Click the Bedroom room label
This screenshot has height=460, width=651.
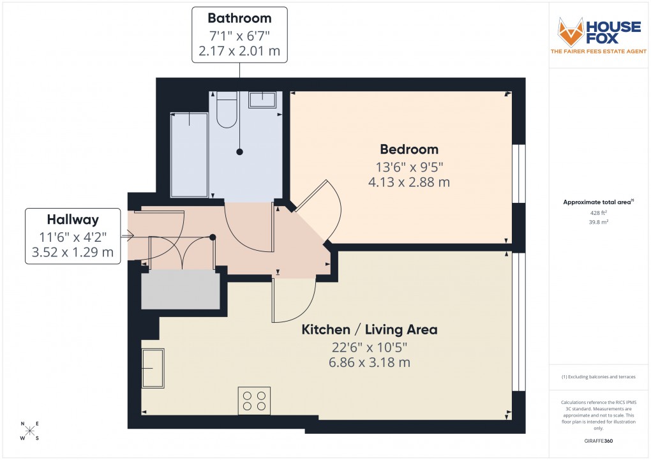[x=409, y=149]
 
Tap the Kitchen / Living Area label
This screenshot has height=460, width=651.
[x=369, y=330]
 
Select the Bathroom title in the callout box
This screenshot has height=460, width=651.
[x=239, y=19]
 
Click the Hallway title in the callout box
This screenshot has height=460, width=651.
[x=73, y=220]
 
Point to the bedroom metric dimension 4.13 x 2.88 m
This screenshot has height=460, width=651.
[x=409, y=182]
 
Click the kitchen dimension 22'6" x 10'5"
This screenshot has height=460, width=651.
[x=369, y=347]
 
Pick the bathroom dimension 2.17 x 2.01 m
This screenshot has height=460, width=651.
[x=239, y=50]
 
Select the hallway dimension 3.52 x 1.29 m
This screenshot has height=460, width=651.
[x=73, y=252]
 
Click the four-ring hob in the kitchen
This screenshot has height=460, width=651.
[x=253, y=400]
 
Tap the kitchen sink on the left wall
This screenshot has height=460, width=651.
[x=153, y=368]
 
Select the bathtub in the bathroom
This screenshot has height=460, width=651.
[x=189, y=155]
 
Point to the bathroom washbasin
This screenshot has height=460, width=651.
[x=262, y=100]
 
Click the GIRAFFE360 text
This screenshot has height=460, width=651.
[x=599, y=441]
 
